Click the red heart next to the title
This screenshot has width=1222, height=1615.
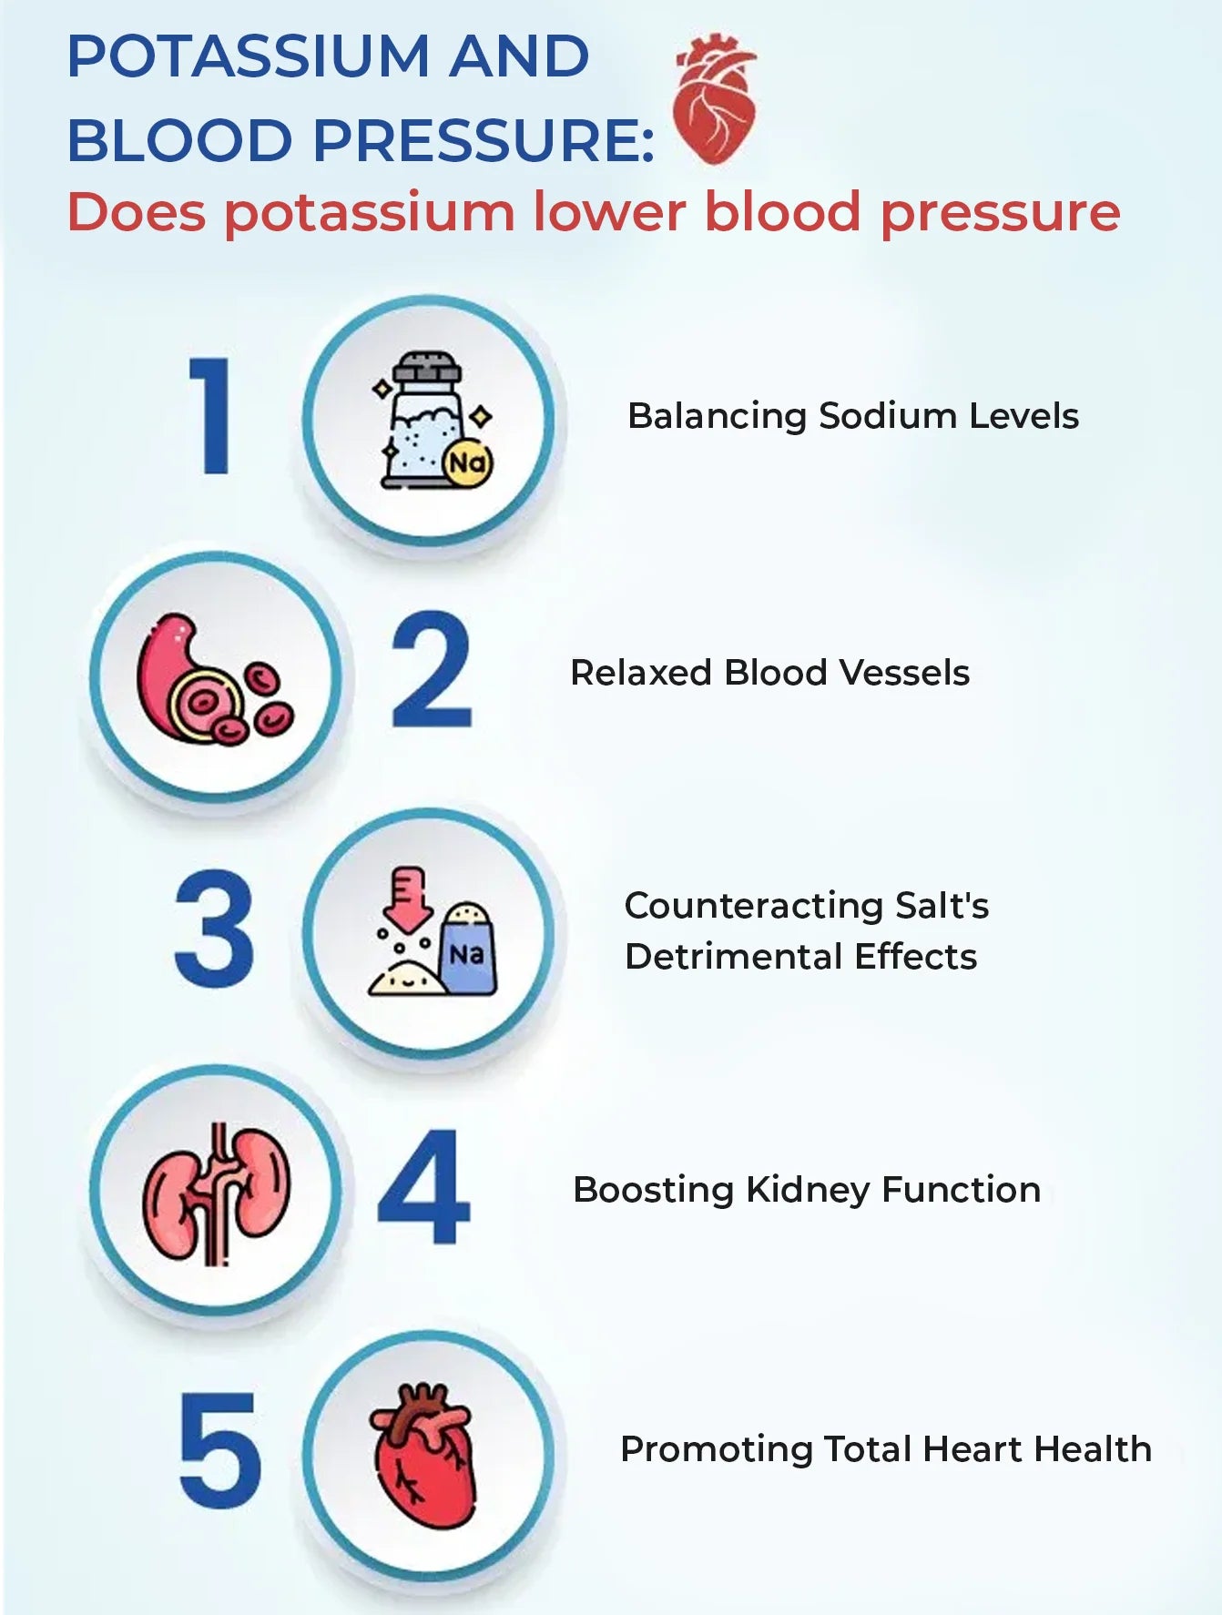pyautogui.click(x=715, y=99)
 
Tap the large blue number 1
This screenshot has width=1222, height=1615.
pyautogui.click(x=212, y=415)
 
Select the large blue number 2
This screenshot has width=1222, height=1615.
pyautogui.click(x=432, y=669)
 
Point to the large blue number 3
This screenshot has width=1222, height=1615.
pyautogui.click(x=214, y=928)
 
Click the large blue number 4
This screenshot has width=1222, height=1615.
pyautogui.click(x=424, y=1186)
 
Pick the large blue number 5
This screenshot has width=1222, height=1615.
pyautogui.click(x=220, y=1448)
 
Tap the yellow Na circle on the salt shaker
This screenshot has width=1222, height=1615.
pyautogui.click(x=468, y=462)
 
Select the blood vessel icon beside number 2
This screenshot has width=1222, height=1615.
pyautogui.click(x=215, y=679)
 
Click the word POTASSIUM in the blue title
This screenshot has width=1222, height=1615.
pyautogui.click(x=249, y=56)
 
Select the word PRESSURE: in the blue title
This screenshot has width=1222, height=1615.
pyautogui.click(x=484, y=140)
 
